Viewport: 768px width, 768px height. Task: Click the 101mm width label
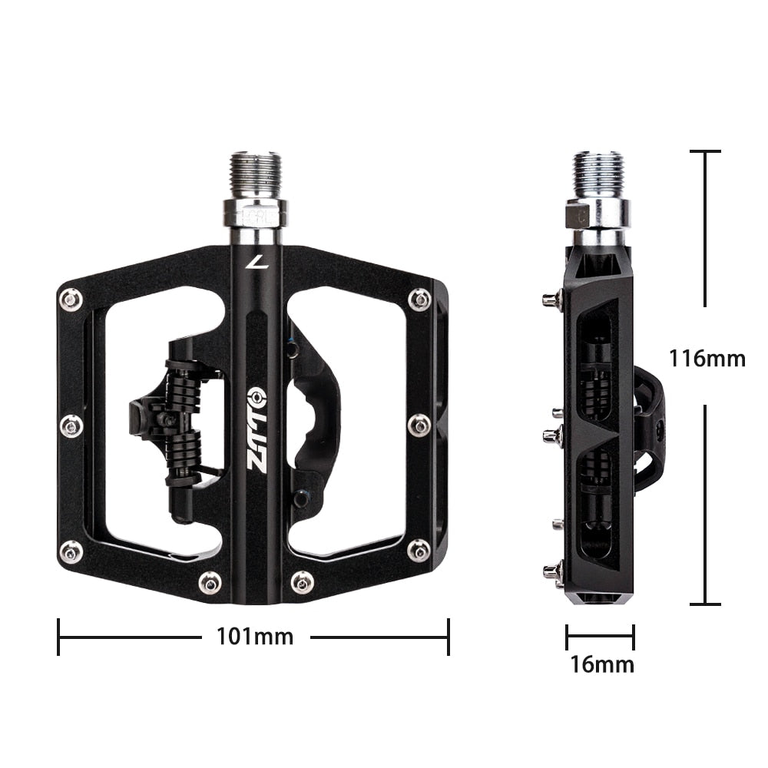[x=254, y=636]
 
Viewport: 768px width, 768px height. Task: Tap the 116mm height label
[x=707, y=358]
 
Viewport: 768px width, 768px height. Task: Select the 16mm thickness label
[x=601, y=664]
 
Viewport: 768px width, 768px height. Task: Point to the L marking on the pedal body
[x=253, y=263]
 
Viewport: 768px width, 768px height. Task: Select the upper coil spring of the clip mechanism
[x=182, y=382]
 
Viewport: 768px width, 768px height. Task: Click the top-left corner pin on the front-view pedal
[x=71, y=298]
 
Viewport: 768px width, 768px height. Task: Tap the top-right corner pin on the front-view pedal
[x=419, y=299]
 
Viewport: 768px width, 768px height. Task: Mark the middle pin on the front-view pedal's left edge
[x=71, y=425]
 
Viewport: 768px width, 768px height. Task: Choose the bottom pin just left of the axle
[x=210, y=582]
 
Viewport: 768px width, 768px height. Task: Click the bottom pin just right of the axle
[x=302, y=582]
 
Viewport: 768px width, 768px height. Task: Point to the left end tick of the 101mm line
[x=59, y=637]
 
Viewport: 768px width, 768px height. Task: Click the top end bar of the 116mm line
[x=705, y=152]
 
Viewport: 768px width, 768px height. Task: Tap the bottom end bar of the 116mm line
[x=705, y=604]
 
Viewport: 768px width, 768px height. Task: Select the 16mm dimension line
[x=600, y=636]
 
